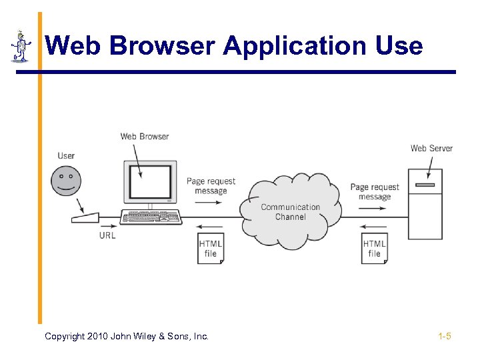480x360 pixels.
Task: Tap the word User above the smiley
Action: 66,156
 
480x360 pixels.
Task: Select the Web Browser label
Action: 145,137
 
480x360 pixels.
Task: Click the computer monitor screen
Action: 150,181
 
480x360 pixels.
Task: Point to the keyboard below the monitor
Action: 151,217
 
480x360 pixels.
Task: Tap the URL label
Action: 107,235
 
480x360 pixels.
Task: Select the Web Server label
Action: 431,148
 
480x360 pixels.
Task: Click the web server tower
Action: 425,203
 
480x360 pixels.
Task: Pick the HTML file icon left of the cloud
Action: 211,249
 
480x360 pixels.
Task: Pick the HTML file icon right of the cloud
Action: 375,249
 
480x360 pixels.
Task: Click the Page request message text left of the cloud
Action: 211,186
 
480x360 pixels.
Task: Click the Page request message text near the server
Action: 375,192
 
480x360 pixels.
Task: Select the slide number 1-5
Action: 445,336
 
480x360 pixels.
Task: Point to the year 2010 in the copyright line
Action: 99,337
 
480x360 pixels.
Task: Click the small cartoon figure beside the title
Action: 21,46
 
